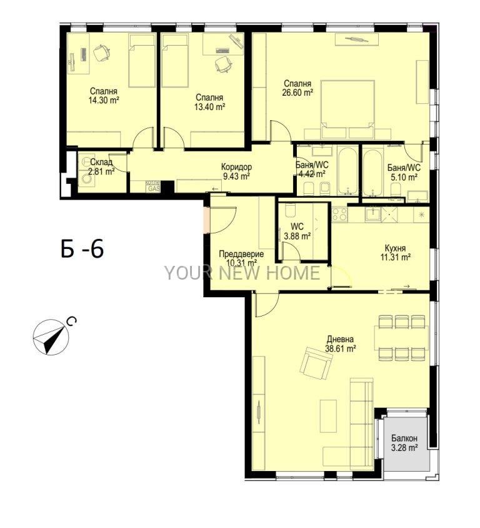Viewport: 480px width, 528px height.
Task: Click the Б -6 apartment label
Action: (x=82, y=248)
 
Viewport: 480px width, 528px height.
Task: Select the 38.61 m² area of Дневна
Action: (x=340, y=348)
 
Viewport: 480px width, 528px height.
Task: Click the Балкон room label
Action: (x=404, y=438)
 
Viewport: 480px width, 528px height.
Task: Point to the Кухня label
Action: (x=395, y=248)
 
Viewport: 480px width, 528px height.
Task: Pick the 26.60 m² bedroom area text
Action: (x=297, y=93)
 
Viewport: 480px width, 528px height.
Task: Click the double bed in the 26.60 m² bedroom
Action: (x=347, y=109)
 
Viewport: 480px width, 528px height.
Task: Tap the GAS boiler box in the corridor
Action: (x=152, y=186)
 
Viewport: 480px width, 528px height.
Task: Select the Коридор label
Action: (x=236, y=166)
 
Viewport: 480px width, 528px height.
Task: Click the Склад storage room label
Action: (x=101, y=162)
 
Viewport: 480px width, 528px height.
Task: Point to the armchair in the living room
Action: (x=316, y=364)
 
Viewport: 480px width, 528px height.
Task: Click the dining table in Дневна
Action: (x=401, y=338)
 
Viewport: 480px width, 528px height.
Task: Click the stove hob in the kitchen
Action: (x=339, y=214)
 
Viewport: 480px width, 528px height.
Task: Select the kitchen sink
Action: (x=372, y=214)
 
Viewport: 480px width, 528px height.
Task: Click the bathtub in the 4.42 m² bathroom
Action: (x=348, y=170)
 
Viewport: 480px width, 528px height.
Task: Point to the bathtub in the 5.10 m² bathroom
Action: (x=373, y=171)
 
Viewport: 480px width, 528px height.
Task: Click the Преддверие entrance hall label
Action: (x=241, y=254)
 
